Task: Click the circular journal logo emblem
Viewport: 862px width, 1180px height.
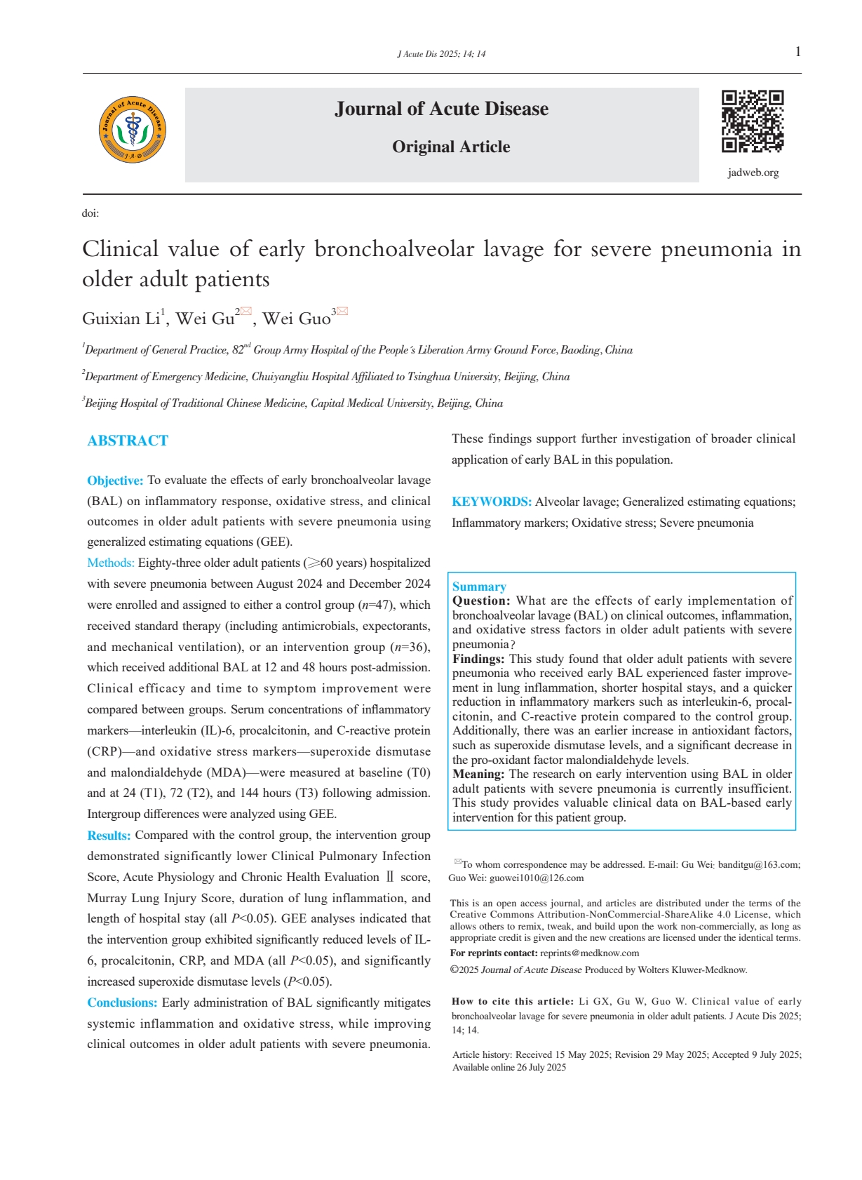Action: pos(133,130)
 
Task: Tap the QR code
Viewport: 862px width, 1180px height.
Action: pos(753,121)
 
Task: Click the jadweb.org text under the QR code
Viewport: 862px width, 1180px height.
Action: pos(753,173)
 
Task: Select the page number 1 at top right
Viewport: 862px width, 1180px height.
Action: pos(798,52)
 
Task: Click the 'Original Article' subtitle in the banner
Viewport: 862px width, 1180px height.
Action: pos(451,147)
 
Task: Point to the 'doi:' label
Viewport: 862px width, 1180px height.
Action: pos(90,213)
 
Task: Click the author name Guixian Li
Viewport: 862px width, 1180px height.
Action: pos(121,319)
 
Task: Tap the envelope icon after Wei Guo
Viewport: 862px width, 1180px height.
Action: pos(342,311)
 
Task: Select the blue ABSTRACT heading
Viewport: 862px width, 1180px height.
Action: pos(128,441)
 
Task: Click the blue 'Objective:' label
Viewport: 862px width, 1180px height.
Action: pos(115,481)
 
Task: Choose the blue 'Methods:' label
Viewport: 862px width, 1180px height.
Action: pos(111,563)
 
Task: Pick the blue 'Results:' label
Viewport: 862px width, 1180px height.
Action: pos(109,836)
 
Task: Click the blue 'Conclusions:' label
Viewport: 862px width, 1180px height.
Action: pos(122,1003)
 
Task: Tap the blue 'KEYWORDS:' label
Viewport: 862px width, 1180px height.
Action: pos(492,502)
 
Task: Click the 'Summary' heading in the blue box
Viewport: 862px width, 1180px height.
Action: pos(479,586)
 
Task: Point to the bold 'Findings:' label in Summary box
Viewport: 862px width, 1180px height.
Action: pos(478,659)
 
